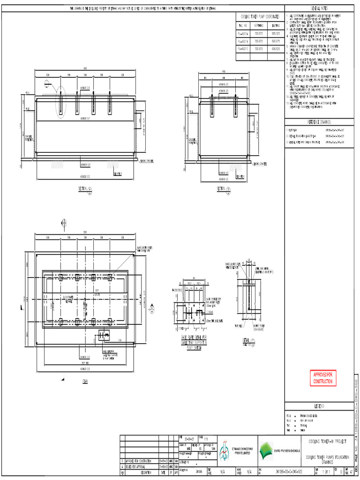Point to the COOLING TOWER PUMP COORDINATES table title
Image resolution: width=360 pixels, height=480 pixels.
[x=260, y=17]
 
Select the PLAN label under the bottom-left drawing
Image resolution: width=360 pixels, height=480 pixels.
[x=85, y=382]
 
